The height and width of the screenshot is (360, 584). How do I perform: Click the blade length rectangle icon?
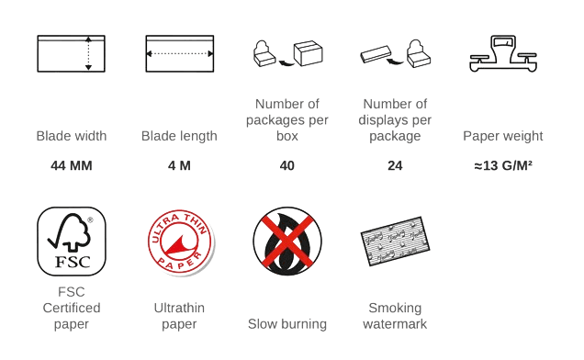coord(180,53)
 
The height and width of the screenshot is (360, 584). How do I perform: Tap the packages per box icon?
coord(289,53)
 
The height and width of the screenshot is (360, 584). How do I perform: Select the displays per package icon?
coord(395,53)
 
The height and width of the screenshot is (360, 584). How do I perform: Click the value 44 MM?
coord(72,166)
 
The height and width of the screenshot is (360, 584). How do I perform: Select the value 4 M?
coord(180,166)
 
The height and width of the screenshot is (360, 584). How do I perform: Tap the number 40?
coord(287,166)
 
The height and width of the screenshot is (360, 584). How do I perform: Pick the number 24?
coord(395,166)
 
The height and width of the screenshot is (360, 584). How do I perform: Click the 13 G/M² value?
coord(503,166)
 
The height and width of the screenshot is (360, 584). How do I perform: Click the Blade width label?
coord(72,137)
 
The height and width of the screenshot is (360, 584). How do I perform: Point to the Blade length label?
coord(180,137)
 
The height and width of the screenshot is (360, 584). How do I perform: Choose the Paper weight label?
coord(503,137)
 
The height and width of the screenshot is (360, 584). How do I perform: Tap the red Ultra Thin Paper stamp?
coord(180,243)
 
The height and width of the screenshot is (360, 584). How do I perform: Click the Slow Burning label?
coord(287,324)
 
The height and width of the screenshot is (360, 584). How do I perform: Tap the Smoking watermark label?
coord(395,317)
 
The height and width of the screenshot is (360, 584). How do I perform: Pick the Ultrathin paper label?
coord(180,317)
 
